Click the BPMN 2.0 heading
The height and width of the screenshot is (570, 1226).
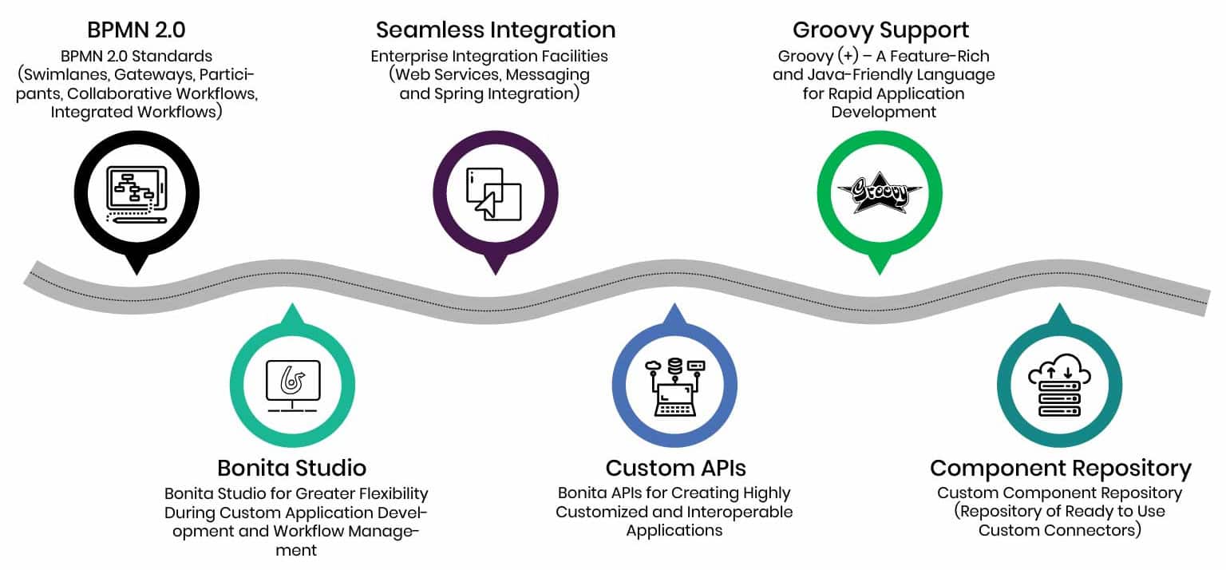[x=136, y=30]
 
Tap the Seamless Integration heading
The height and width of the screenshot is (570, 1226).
[x=496, y=30]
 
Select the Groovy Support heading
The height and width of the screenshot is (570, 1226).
[x=880, y=30]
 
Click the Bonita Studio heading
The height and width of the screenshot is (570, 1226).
[x=291, y=468]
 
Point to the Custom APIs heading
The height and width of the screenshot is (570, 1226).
[x=675, y=468]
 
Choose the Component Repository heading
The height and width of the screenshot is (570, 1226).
[x=1060, y=468]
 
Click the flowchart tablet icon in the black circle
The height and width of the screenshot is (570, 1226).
[x=136, y=194]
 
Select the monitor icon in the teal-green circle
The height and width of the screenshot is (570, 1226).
[x=292, y=386]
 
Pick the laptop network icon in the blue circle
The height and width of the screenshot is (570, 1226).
[x=675, y=387]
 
